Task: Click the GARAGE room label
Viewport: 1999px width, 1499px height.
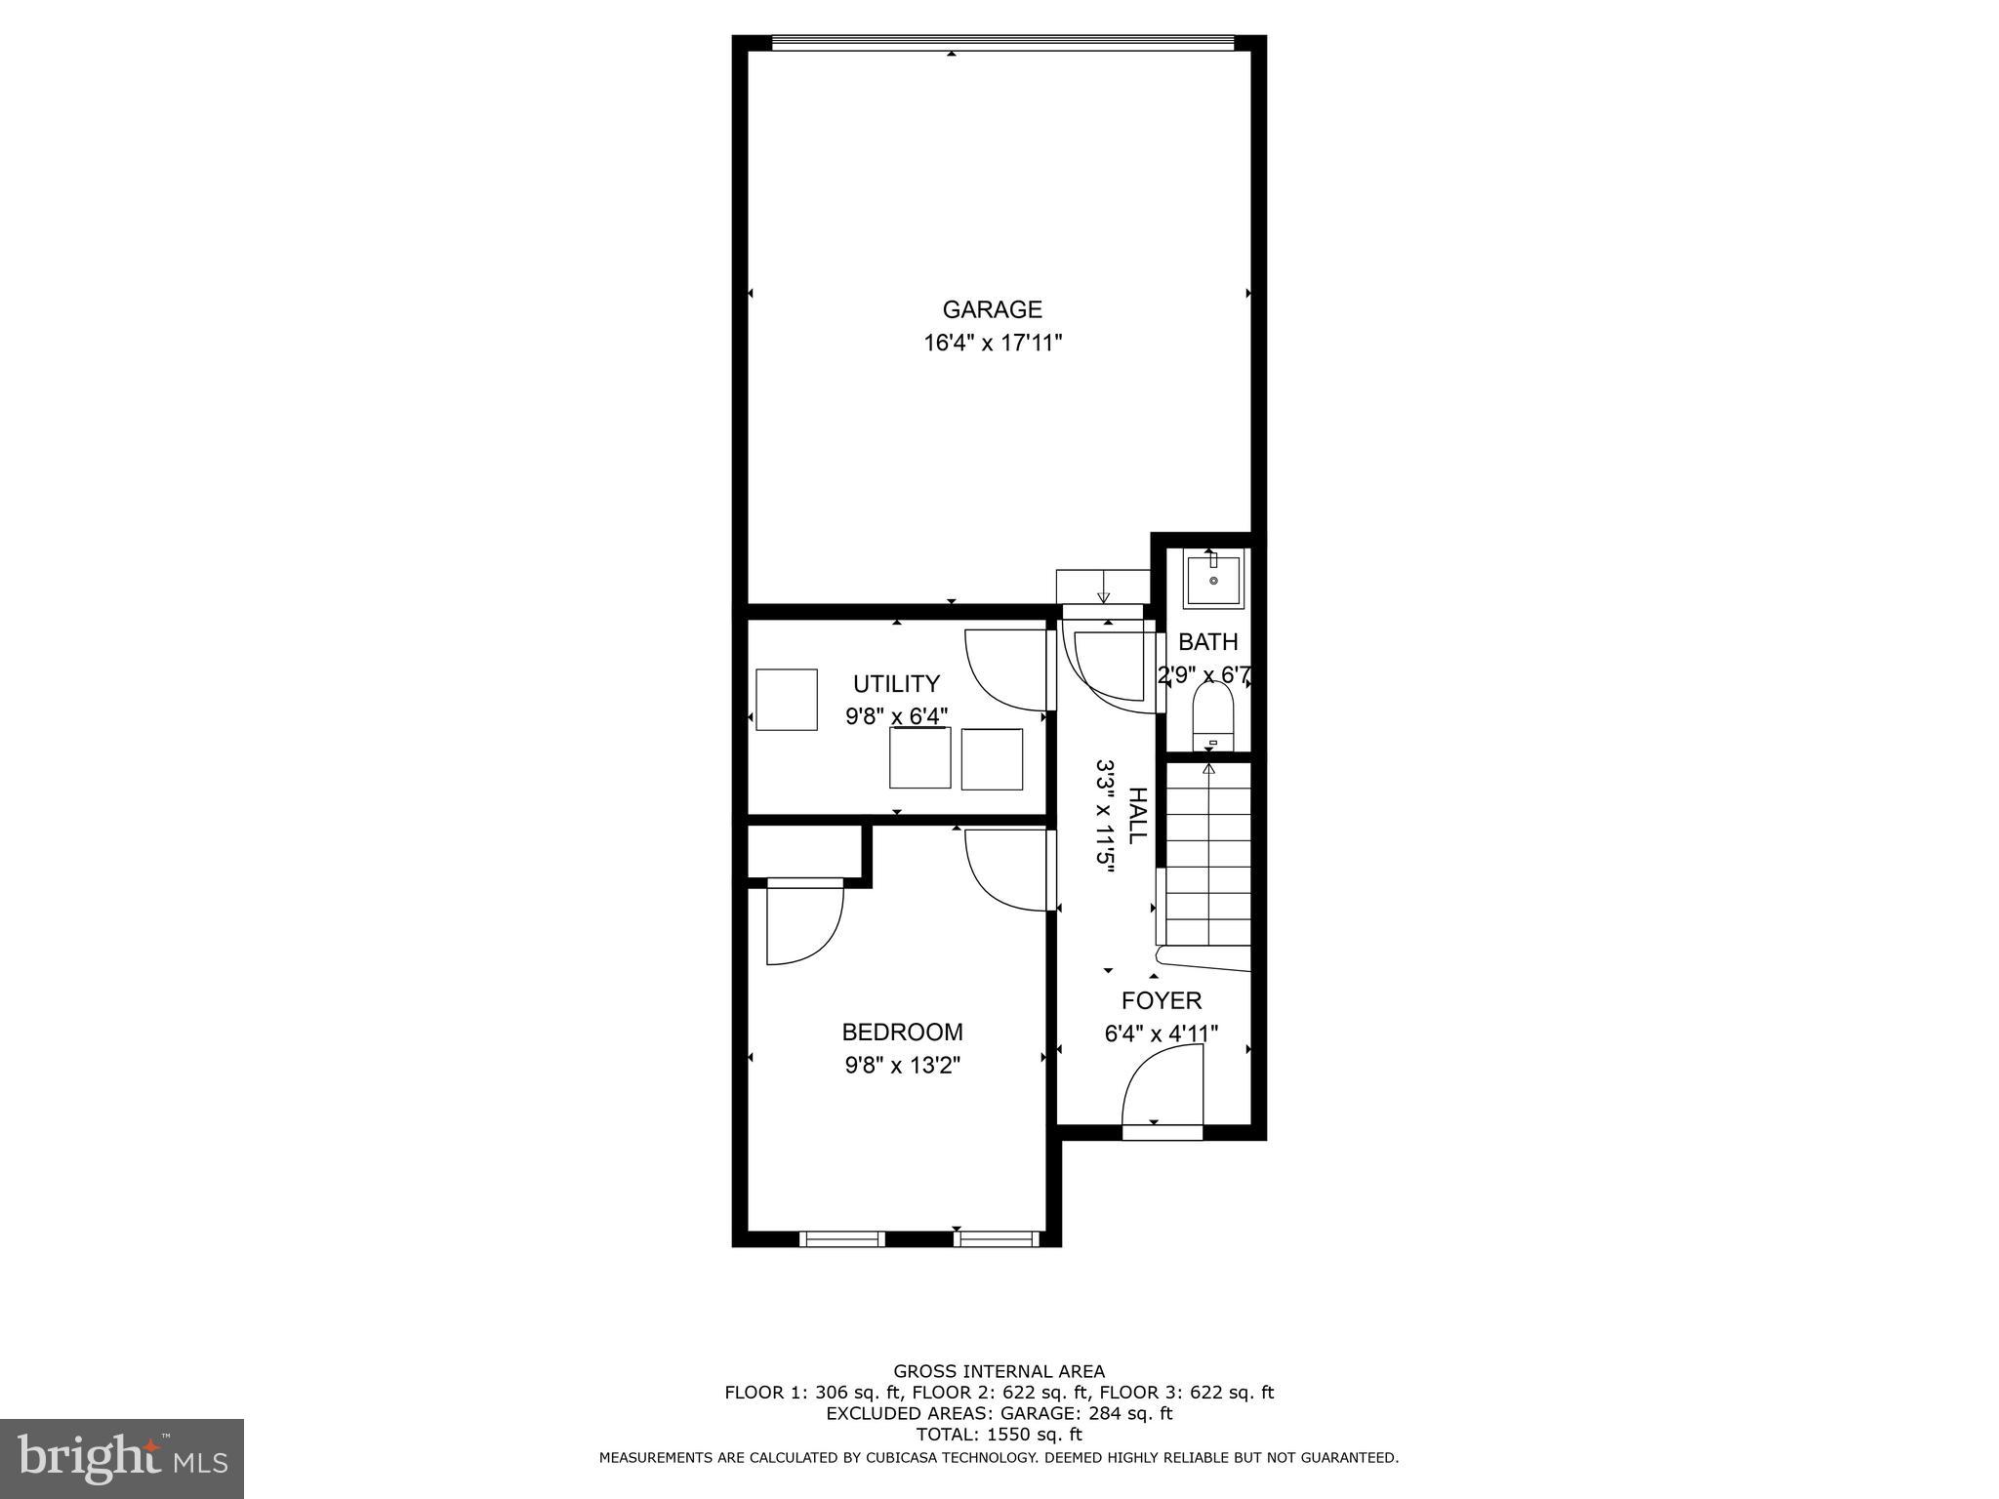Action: [x=992, y=309]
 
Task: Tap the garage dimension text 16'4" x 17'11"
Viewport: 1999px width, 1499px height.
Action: [x=992, y=343]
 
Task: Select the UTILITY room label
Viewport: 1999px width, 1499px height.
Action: [x=896, y=683]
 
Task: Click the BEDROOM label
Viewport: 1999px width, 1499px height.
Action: [x=902, y=1032]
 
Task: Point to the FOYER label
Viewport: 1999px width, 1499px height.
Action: [x=1161, y=1000]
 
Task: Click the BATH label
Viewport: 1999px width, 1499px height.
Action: [x=1207, y=642]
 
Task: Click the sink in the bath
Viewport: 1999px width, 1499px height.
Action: [x=1213, y=581]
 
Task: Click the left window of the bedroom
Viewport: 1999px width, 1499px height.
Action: [x=841, y=1238]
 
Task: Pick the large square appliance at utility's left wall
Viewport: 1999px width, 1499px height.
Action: [x=787, y=699]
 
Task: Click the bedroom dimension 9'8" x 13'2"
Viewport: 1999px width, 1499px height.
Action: [x=902, y=1065]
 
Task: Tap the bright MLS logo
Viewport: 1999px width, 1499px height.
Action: [x=122, y=1458]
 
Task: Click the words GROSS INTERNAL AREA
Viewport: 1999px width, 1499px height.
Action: [x=999, y=1371]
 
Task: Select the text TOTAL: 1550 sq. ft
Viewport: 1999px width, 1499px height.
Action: [x=999, y=1434]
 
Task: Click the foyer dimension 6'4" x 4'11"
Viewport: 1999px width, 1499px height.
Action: [x=1161, y=1033]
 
